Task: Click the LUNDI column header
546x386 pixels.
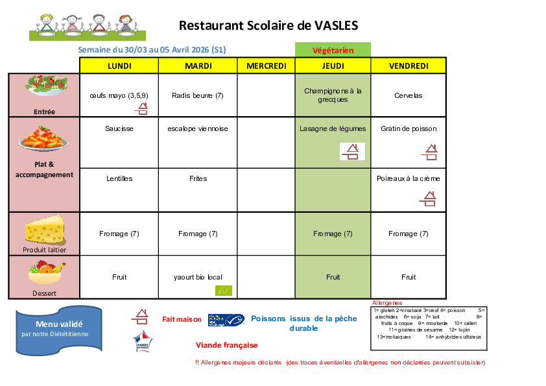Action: point(119,66)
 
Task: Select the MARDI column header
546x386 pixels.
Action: point(198,66)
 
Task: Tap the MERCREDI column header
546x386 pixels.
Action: point(267,66)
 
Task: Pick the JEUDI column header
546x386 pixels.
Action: point(333,66)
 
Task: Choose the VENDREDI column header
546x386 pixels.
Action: point(409,66)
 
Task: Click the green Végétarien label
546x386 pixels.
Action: point(333,50)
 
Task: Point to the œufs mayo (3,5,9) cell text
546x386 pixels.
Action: point(119,95)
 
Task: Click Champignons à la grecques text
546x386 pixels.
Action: point(333,95)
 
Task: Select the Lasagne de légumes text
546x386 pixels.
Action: point(333,128)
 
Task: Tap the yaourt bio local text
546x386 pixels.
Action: point(198,277)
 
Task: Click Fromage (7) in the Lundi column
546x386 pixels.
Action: point(119,234)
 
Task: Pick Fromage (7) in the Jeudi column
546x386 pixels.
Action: point(333,234)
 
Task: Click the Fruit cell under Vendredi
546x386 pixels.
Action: point(409,277)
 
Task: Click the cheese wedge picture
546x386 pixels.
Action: point(44,230)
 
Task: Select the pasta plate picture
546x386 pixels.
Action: point(44,138)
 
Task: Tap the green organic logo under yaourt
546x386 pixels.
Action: point(224,291)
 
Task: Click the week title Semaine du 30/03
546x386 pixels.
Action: point(152,50)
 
